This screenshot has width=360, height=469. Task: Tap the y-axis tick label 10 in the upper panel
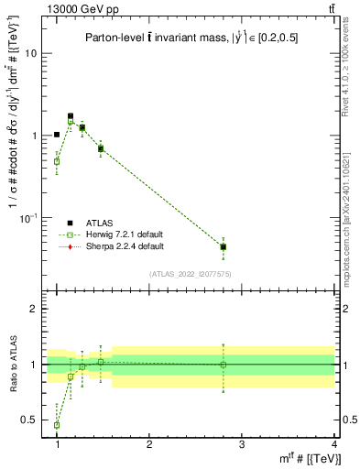(31, 53)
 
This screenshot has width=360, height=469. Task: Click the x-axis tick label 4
(333, 443)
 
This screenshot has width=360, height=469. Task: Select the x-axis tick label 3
(241, 443)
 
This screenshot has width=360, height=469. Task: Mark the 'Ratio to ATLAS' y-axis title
(12, 365)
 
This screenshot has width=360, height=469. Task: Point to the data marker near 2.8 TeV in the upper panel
(224, 246)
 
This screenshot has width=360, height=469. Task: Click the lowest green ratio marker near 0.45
(57, 425)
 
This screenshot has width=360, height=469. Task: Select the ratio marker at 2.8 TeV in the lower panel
(224, 365)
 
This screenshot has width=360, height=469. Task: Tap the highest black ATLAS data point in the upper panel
(71, 116)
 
